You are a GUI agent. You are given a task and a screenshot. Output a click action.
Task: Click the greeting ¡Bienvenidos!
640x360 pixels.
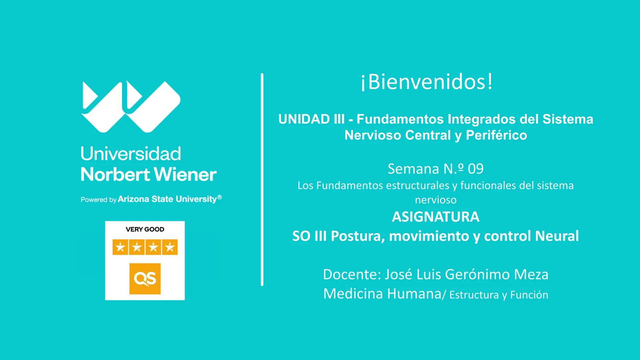click(x=427, y=82)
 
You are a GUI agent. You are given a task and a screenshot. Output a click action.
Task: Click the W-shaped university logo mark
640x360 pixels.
click(x=131, y=107)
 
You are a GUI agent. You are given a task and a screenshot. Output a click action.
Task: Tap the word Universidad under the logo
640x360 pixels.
click(x=131, y=154)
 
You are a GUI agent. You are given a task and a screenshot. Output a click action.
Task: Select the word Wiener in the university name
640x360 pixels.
click(x=185, y=174)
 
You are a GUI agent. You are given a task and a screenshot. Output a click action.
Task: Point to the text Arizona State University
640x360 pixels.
click(x=167, y=199)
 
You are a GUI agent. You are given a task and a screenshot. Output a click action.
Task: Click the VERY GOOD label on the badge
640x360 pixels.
click(x=145, y=229)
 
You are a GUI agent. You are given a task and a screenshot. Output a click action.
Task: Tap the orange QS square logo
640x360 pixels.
click(x=145, y=279)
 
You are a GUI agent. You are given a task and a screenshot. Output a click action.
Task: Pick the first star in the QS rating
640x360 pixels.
click(x=120, y=247)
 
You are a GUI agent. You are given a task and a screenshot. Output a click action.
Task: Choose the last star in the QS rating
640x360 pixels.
click(x=170, y=247)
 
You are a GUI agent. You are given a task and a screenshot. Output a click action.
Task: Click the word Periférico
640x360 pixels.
click(x=496, y=135)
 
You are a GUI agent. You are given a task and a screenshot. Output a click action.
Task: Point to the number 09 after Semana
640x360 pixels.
click(x=476, y=169)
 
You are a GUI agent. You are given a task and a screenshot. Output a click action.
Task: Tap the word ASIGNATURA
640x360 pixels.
click(x=436, y=217)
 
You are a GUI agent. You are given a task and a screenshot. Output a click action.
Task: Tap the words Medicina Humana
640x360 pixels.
click(x=382, y=294)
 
